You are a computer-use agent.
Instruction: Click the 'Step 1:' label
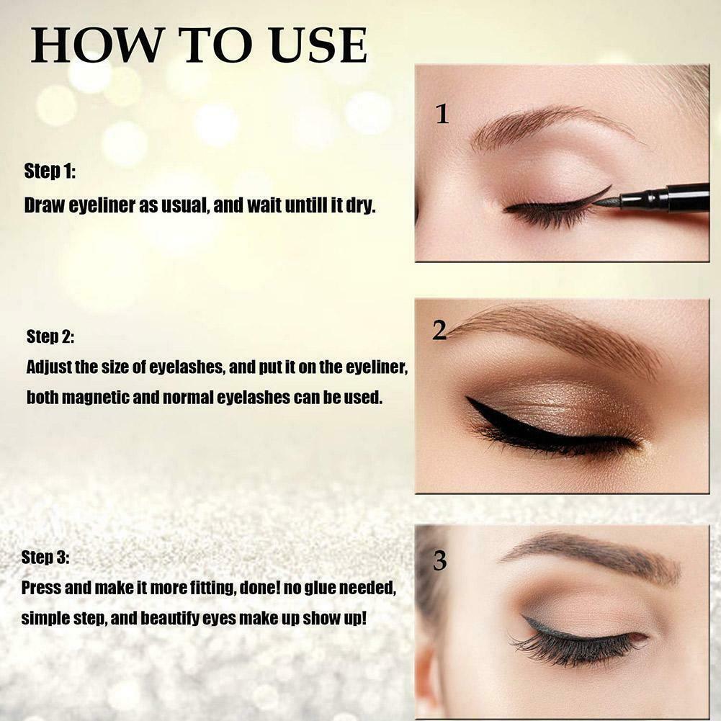coord(50,171)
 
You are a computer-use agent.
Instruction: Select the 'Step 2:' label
coord(50,336)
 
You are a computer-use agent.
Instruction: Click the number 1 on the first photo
coord(442,114)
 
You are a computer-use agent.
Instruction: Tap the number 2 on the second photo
coord(439,330)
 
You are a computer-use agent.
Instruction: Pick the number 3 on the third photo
coord(440,561)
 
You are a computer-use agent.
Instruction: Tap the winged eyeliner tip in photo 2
coord(473,401)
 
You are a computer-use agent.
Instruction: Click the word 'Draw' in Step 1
coord(42,205)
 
